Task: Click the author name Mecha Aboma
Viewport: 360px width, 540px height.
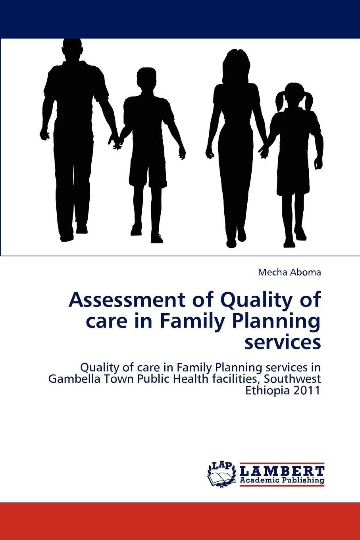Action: [x=289, y=272]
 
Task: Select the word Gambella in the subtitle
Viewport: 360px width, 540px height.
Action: [x=68, y=379]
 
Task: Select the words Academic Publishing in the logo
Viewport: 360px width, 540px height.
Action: [x=282, y=481]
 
